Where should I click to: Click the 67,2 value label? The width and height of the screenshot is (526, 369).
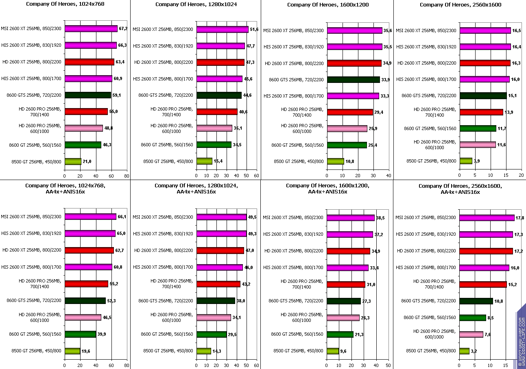click(x=123, y=29)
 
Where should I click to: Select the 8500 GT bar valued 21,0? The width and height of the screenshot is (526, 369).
click(x=73, y=161)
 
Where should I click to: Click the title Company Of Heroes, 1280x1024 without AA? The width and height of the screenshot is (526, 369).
click(x=196, y=4)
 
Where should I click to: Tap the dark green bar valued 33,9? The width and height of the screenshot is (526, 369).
click(x=353, y=80)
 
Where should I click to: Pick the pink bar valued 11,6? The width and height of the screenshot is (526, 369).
click(x=478, y=145)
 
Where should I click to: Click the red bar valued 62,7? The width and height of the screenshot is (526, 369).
click(x=89, y=250)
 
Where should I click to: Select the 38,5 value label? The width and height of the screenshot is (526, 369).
click(x=380, y=218)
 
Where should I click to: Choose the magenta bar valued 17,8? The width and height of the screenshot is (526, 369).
click(x=487, y=218)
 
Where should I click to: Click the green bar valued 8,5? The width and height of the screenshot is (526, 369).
click(x=473, y=317)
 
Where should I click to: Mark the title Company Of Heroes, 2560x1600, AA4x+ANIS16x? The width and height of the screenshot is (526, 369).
click(x=460, y=189)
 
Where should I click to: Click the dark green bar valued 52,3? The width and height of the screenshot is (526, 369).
click(x=85, y=301)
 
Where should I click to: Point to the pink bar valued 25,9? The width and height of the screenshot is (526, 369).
click(x=347, y=128)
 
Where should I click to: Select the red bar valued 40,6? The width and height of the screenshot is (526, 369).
click(x=217, y=112)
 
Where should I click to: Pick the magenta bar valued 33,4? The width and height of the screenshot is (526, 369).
click(x=348, y=268)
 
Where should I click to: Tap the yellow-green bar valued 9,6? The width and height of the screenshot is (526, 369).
click(x=333, y=351)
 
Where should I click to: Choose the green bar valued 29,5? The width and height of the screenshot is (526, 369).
click(x=212, y=334)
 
